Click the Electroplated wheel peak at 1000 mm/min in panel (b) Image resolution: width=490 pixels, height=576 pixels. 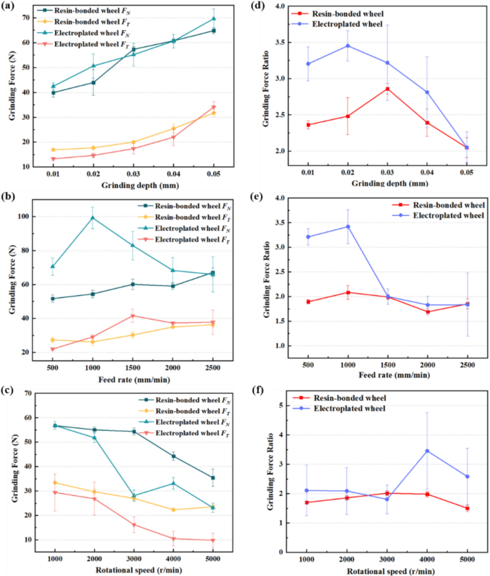tap(92, 217)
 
